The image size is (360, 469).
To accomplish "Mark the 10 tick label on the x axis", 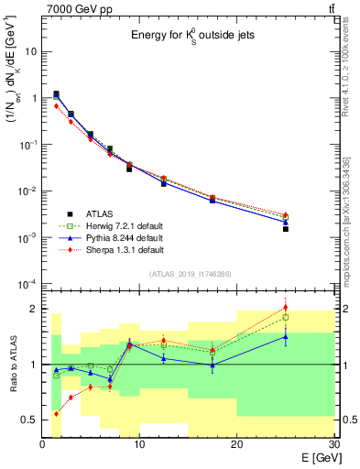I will pos(139,444).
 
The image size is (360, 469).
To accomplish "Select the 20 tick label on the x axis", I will pos(236,444).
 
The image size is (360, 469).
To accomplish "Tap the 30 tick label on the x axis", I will pos(333,444).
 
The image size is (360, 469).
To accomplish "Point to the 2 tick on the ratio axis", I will pos(33,309).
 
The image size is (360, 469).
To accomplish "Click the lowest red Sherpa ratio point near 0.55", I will pos(57,413).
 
